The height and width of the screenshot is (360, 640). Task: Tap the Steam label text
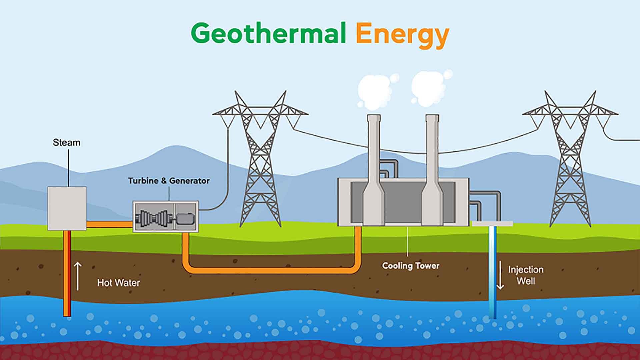click(x=67, y=143)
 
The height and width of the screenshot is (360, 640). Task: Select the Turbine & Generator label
click(x=169, y=181)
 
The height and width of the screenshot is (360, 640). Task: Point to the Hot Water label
click(x=118, y=283)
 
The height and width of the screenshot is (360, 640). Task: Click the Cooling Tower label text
click(x=411, y=266)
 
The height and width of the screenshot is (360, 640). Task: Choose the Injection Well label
click(x=526, y=275)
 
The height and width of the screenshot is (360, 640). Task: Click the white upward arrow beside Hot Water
click(x=78, y=276)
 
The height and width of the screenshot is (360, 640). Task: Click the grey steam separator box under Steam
click(x=67, y=208)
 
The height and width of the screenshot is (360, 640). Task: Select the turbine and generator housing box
click(x=166, y=216)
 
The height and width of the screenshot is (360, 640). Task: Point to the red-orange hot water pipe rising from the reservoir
click(x=67, y=273)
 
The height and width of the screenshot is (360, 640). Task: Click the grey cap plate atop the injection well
click(x=492, y=224)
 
